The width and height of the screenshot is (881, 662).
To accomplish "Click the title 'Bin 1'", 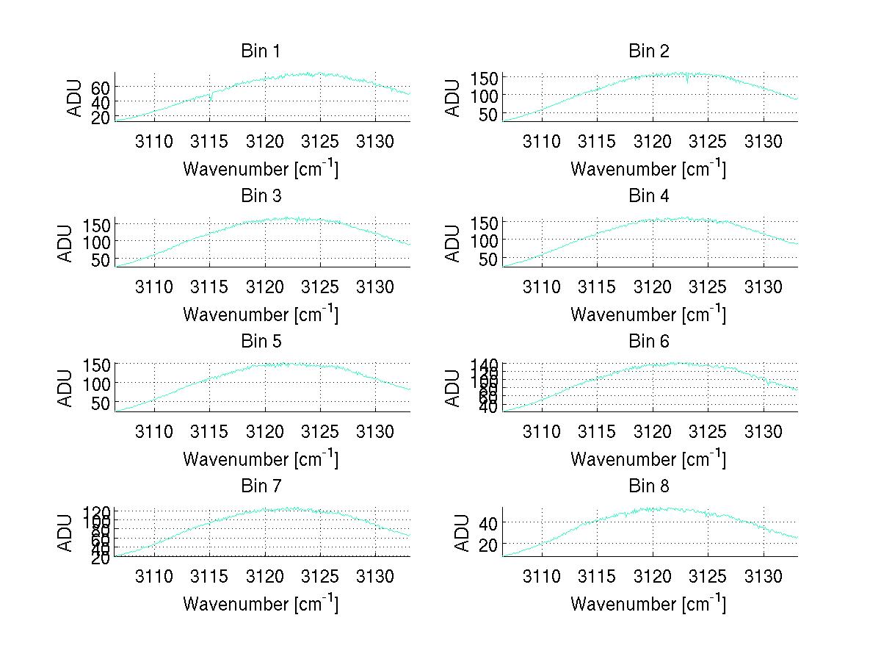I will [261, 51].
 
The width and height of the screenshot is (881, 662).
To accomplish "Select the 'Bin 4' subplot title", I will [649, 196].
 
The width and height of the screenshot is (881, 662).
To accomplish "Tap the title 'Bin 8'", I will [649, 486].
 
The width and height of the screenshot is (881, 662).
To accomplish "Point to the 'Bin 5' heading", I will [261, 342].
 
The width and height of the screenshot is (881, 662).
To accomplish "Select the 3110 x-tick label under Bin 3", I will [154, 286].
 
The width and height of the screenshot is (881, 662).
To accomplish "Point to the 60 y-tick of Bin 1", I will [101, 87].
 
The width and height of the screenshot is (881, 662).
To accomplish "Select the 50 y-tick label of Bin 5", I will [101, 403].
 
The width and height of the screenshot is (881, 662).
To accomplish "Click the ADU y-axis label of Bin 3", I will [66, 243].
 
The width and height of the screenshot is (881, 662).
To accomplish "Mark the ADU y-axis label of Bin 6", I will [454, 388].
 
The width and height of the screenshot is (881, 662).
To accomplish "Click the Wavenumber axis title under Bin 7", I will [261, 603].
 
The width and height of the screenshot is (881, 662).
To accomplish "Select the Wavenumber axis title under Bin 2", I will [648, 168].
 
